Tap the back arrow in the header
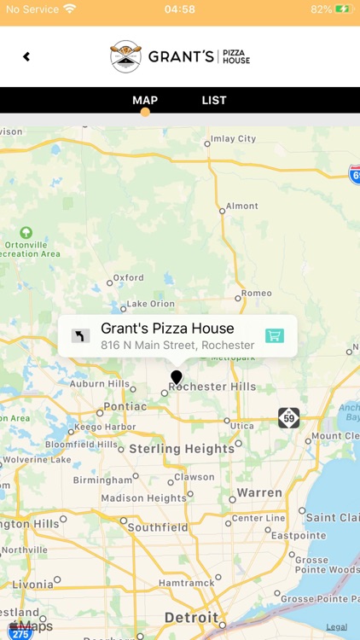click(x=26, y=57)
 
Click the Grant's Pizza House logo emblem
click(x=125, y=56)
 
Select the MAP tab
click(x=145, y=101)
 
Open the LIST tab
click(x=214, y=101)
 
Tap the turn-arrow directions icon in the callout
click(x=80, y=336)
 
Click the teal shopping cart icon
click(x=274, y=335)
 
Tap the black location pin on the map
click(x=177, y=377)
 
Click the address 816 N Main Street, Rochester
click(x=177, y=346)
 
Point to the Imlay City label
click(x=233, y=139)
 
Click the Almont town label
click(x=241, y=206)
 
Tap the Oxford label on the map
click(x=129, y=277)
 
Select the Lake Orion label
click(x=150, y=304)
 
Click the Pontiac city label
click(x=125, y=406)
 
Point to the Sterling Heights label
click(x=182, y=449)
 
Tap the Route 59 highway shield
click(x=289, y=418)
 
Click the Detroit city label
click(x=191, y=617)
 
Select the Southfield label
click(x=157, y=527)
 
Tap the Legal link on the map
click(x=336, y=627)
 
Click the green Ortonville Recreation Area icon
click(x=26, y=232)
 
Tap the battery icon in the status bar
click(x=343, y=9)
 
